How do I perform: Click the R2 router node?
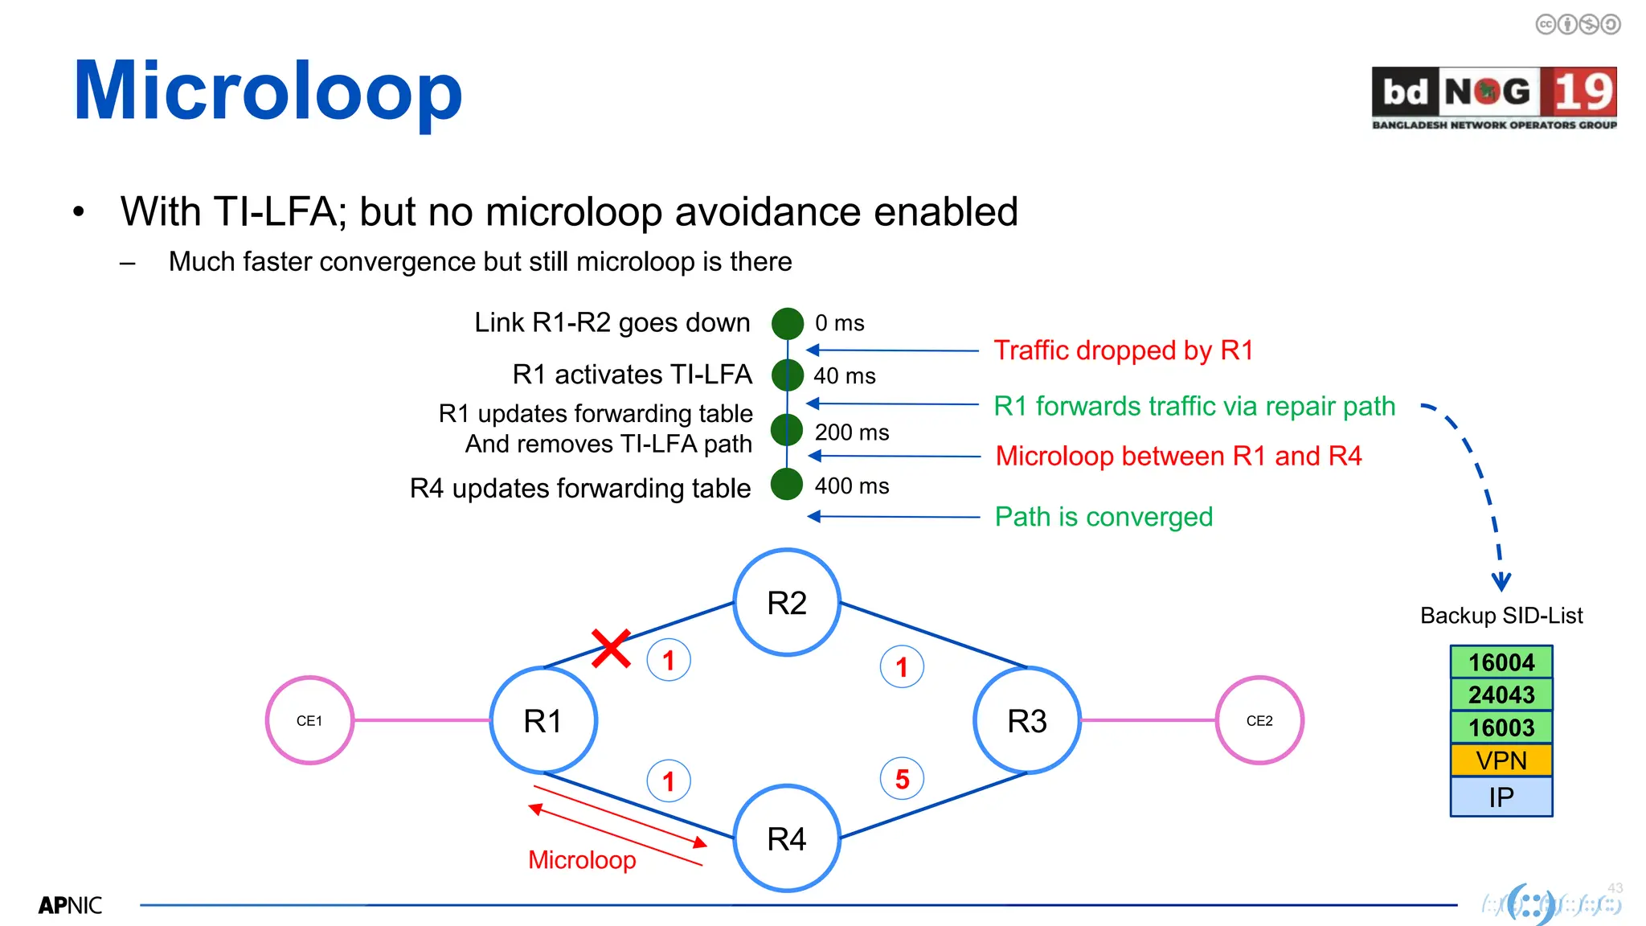(x=787, y=603)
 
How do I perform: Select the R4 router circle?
(x=787, y=838)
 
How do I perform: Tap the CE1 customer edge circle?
(x=309, y=720)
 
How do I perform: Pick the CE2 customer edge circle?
(x=1259, y=720)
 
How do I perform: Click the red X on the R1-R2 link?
(x=611, y=649)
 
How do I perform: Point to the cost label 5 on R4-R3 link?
(x=902, y=778)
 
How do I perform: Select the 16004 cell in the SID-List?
(x=1501, y=662)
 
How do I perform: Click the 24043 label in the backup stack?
(x=1501, y=694)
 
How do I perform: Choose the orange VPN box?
(x=1501, y=760)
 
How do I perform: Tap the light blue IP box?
(x=1501, y=797)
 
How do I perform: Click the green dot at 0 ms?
(x=788, y=323)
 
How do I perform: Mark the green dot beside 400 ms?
(x=787, y=484)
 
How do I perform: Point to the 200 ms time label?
(x=852, y=432)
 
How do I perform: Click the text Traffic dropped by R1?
(x=1124, y=350)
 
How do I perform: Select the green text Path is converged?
(x=1103, y=517)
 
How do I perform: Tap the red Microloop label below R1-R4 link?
(x=582, y=860)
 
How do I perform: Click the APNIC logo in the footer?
(x=70, y=906)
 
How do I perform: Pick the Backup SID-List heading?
(x=1501, y=616)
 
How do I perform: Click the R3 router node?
(x=1027, y=720)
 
